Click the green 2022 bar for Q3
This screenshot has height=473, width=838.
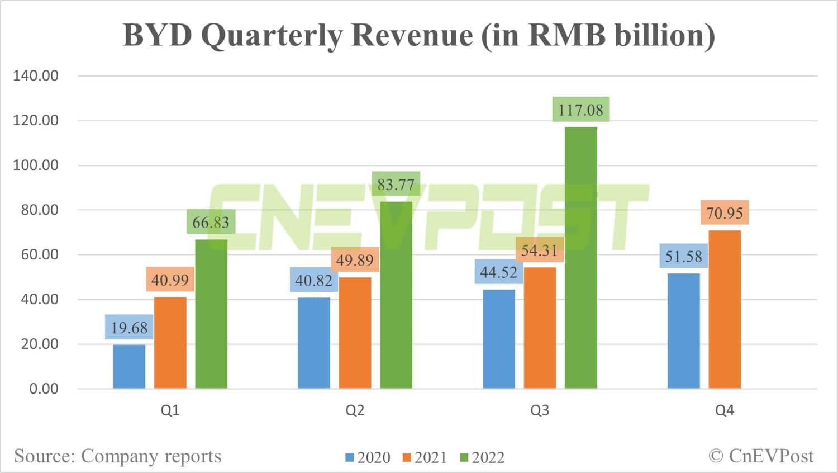click(581, 257)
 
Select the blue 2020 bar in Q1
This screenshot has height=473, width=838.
click(129, 366)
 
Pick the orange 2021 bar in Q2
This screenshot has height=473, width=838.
click(355, 333)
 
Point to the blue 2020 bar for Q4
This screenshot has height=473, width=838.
click(683, 330)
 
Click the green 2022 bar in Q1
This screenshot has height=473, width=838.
click(211, 314)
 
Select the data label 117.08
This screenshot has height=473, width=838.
click(580, 110)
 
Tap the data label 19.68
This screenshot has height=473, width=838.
click(129, 327)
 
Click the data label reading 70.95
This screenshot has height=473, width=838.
click(725, 213)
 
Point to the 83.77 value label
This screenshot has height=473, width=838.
click(396, 184)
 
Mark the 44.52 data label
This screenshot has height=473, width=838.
click(499, 272)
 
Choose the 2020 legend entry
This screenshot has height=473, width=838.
click(368, 457)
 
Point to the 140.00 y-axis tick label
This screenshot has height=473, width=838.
click(36, 76)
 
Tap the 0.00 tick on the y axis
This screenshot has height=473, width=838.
click(44, 389)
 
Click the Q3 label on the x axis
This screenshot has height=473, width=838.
click(540, 410)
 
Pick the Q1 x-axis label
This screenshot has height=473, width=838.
click(170, 410)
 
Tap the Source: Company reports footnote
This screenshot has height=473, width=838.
click(118, 456)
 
